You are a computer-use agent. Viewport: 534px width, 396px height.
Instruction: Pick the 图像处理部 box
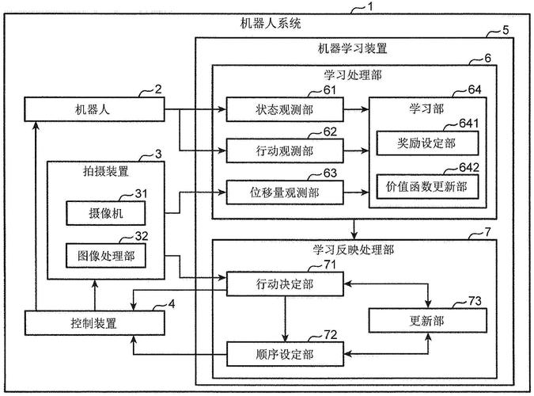click(106, 256)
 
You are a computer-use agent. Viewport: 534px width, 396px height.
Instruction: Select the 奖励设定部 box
click(426, 143)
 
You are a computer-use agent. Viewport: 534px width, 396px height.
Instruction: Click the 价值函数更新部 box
click(426, 186)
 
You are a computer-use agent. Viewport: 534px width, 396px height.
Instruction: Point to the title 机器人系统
click(270, 24)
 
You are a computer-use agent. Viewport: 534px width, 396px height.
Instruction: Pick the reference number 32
click(141, 236)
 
